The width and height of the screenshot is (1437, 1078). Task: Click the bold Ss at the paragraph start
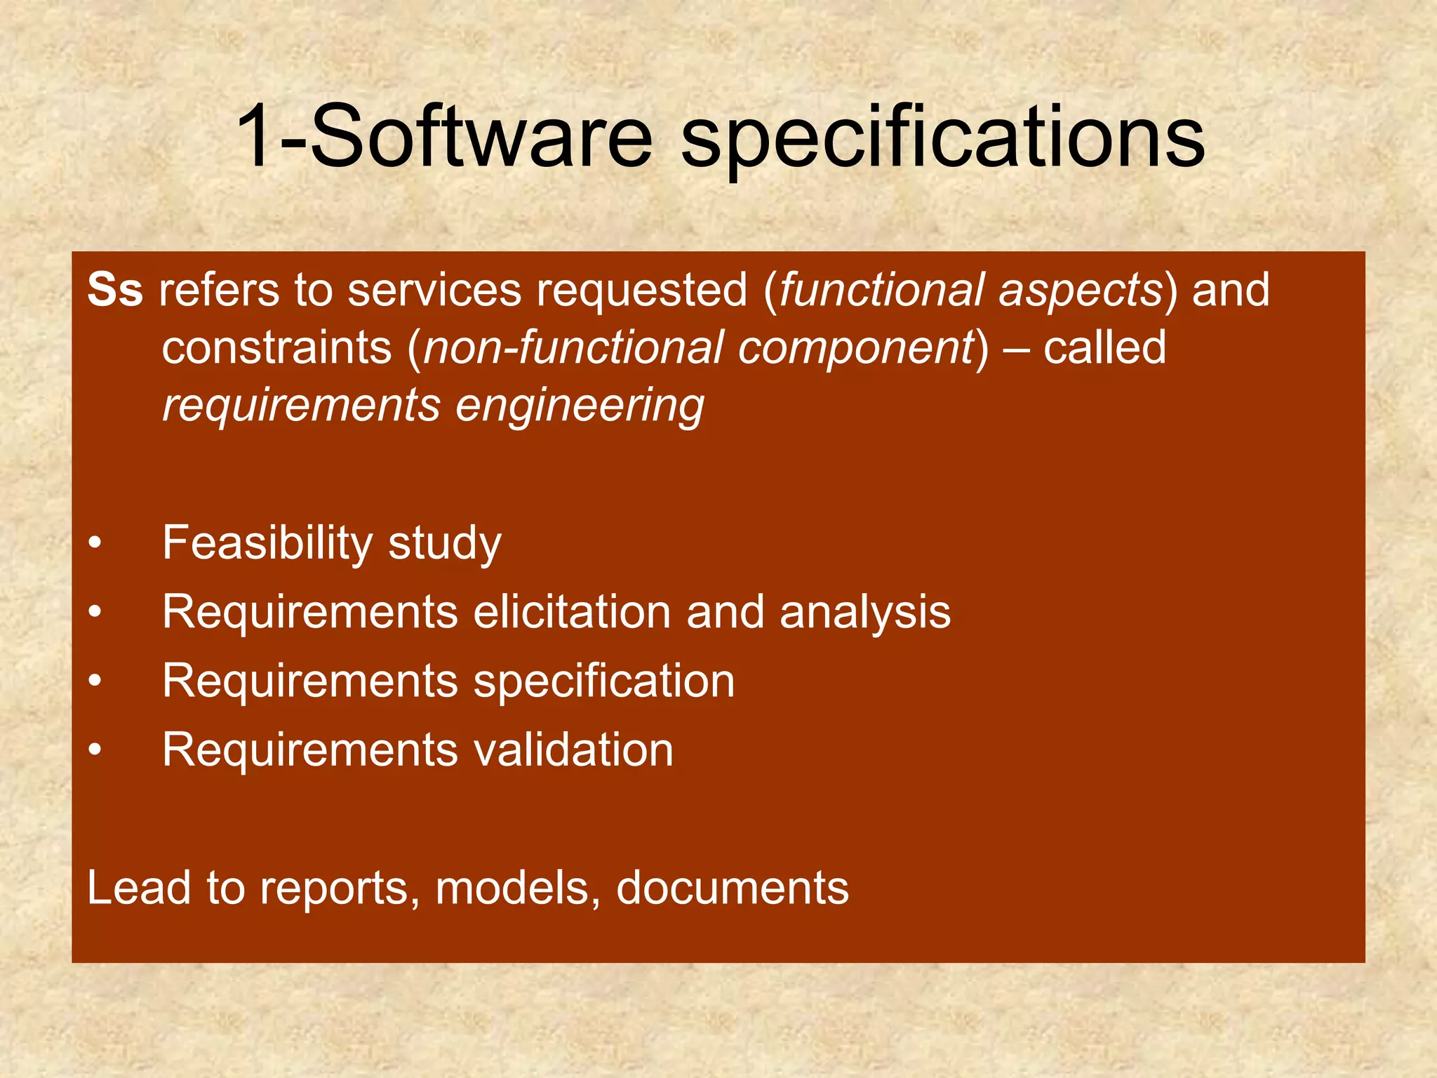coord(115,290)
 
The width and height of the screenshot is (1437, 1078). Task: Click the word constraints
coord(276,348)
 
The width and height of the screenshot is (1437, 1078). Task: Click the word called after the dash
coord(1104,348)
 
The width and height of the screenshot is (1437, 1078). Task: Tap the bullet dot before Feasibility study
coord(95,544)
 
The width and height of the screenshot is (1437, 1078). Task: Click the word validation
coord(573,750)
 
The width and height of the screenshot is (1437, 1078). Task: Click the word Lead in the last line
coord(139,888)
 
